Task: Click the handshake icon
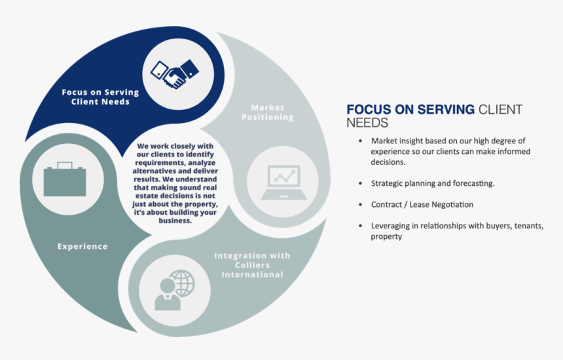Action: [x=173, y=74]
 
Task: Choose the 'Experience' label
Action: [x=82, y=247]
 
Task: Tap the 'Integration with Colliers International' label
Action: [x=252, y=264]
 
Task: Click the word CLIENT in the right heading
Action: [x=500, y=110]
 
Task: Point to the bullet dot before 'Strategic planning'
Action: [x=360, y=184]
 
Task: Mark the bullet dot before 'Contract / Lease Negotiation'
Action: [x=360, y=205]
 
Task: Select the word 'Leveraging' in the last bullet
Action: [x=391, y=226]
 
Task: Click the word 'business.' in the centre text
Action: [x=175, y=221]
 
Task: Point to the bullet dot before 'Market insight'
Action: [x=360, y=141]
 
